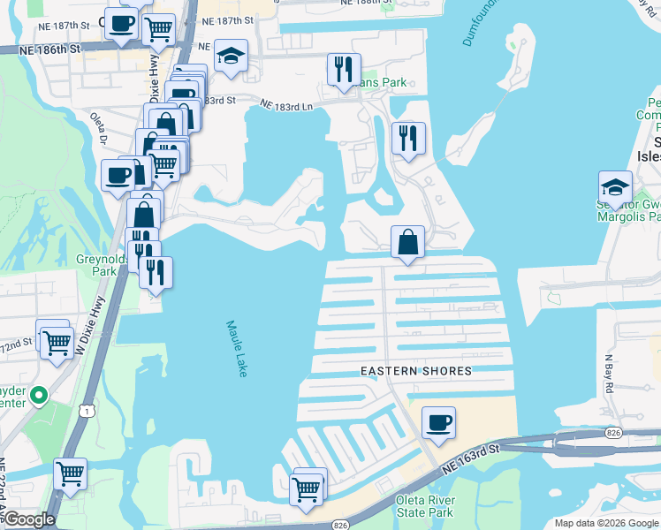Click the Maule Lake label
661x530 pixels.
point(237,349)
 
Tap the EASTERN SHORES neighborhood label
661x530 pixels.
point(415,371)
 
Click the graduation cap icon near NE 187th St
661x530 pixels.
point(231,57)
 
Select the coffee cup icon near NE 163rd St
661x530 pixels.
point(437,422)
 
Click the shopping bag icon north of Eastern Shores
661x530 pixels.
point(407,242)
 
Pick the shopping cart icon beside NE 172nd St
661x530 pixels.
point(57,341)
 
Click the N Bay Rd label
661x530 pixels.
point(609,367)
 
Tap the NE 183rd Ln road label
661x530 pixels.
point(287,105)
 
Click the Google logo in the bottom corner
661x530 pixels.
point(28,519)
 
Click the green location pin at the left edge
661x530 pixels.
point(38,395)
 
